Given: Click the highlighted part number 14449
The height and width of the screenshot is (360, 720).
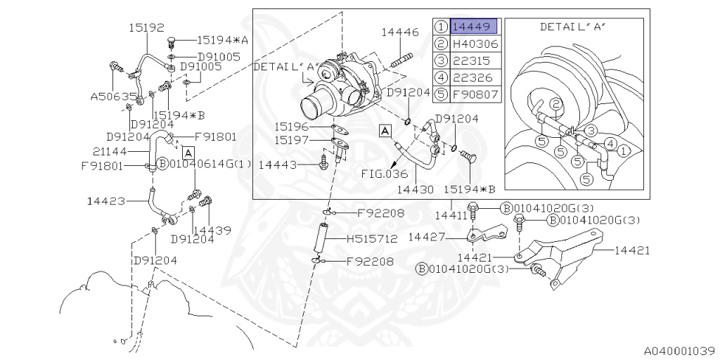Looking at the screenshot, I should coord(474,27).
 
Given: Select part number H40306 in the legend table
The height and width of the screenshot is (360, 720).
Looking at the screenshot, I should coord(475,44).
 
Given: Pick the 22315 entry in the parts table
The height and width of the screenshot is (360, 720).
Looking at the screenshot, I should coord(475,60).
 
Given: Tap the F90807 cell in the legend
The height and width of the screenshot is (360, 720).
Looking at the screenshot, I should coord(475,94).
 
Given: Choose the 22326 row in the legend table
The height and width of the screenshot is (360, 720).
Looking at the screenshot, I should coord(475,77).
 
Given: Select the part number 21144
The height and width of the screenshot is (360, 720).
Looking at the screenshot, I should coord(110,150).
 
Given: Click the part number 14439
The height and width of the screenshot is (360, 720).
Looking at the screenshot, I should coord(212,229).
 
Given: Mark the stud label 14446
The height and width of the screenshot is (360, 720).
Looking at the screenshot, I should coord(400,32).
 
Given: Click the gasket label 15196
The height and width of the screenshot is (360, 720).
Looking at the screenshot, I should coord(291,127).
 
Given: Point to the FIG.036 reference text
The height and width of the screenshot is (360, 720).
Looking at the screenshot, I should coord(385,173).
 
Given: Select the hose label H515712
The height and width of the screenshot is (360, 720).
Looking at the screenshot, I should coord(372,239).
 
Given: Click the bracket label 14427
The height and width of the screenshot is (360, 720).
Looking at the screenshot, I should coord(428,237).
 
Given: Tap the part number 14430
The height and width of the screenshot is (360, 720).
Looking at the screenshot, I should coord(416,189).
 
